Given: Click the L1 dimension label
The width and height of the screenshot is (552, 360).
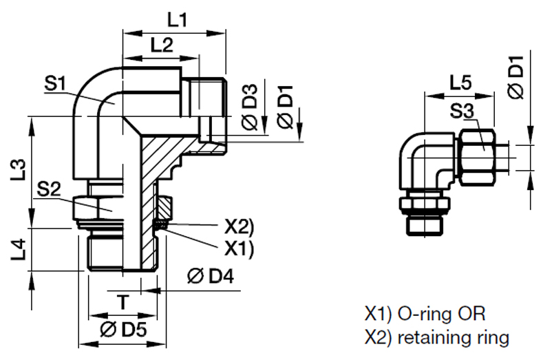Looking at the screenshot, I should pyautogui.click(x=178, y=20).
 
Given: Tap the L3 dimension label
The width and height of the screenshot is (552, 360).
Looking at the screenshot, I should pyautogui.click(x=20, y=170).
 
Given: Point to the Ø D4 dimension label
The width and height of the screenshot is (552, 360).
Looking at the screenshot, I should pyautogui.click(x=211, y=278).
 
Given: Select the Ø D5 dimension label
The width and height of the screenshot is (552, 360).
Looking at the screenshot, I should pyautogui.click(x=123, y=329).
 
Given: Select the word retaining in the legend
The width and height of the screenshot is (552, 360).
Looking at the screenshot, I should pyautogui.click(x=440, y=337).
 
